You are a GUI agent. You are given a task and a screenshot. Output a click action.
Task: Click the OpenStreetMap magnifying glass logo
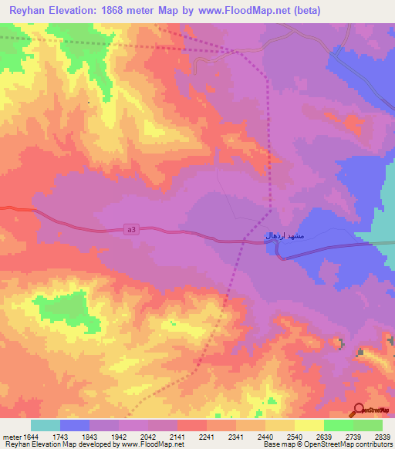point(360,410)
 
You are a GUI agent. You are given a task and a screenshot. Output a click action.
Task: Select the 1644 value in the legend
point(31,437)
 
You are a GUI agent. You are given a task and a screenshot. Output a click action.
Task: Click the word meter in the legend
point(11,437)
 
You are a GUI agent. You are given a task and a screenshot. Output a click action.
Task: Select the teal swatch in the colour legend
point(46,425)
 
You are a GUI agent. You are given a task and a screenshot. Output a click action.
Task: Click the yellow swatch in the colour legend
point(309,425)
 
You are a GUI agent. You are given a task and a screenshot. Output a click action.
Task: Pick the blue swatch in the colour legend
point(75,425)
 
